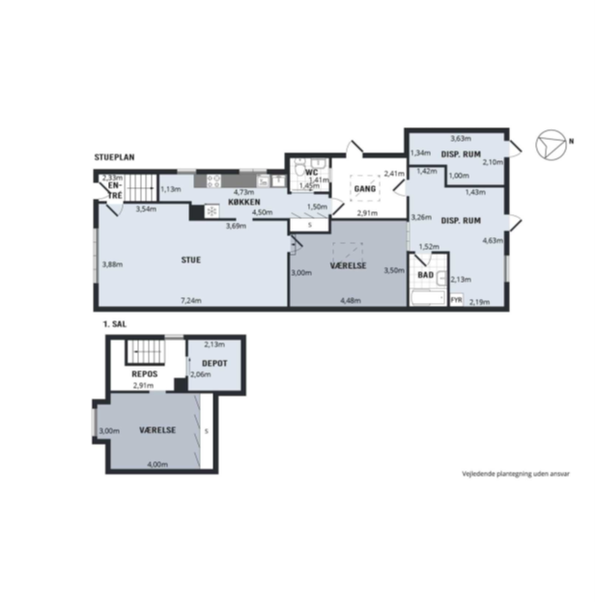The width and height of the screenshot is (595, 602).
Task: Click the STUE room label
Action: pos(191,260)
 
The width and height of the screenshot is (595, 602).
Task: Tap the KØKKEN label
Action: pos(244,202)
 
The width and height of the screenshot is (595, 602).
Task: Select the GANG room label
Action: pos(365,188)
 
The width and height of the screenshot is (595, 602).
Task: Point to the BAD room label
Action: pos(426,275)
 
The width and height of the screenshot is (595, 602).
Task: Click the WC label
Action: pos(311,173)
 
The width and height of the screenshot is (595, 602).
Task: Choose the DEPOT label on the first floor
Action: pos(214,363)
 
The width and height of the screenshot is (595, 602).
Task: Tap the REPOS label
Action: pos(145,374)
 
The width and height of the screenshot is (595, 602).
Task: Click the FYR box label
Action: pos(456,300)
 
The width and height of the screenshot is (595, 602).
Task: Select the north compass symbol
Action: pos(552,145)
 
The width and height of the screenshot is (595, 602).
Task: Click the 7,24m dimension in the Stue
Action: pos(191,301)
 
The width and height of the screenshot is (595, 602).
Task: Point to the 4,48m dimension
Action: pos(351,301)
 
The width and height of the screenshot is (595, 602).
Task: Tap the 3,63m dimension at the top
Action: pos(461,138)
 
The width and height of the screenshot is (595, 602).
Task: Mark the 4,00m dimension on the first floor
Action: pos(157,464)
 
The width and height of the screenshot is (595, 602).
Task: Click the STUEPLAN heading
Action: pos(115,157)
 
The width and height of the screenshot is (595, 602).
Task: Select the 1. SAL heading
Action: pos(115,324)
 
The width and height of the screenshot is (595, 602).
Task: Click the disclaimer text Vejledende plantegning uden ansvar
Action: pos(516,474)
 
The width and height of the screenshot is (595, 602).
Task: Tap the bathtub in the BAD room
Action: pos(428,298)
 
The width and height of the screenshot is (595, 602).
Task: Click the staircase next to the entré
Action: pos(141,188)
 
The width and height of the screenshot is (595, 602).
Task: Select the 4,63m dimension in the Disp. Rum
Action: pos(493,241)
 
